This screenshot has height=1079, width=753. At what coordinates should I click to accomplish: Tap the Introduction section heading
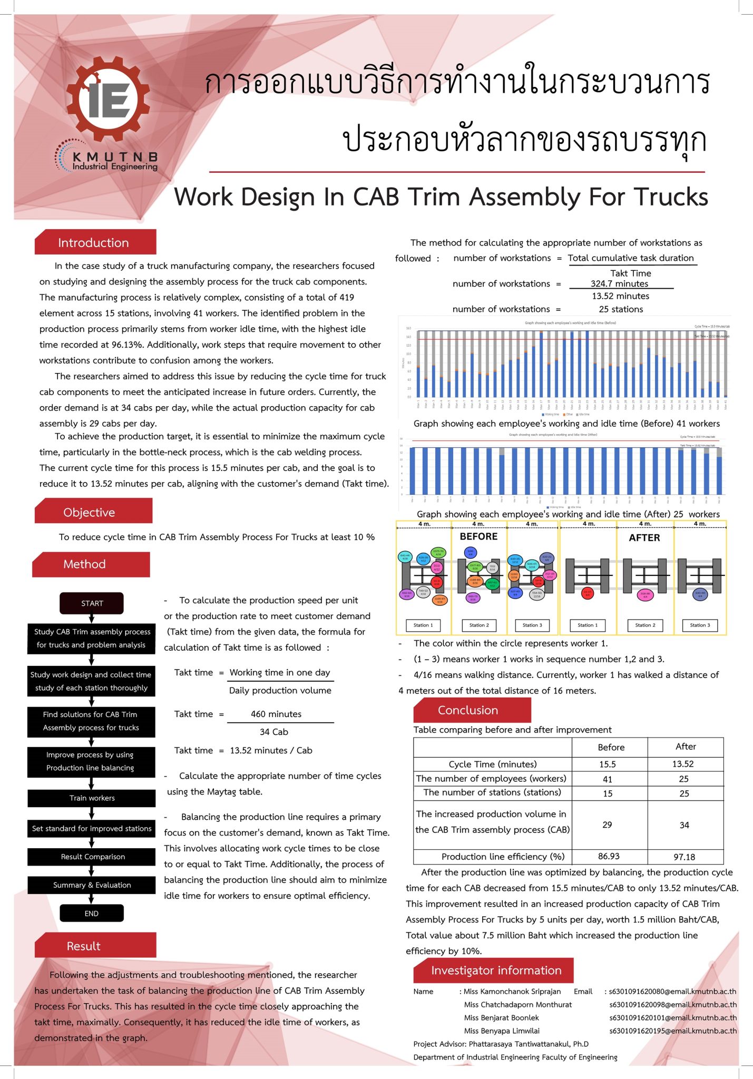(94, 243)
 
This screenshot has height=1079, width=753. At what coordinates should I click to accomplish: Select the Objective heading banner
(90, 513)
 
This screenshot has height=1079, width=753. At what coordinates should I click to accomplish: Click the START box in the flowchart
(92, 603)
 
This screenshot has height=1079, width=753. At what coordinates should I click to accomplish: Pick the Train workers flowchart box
(92, 798)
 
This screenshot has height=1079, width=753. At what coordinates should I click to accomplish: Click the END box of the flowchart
(91, 913)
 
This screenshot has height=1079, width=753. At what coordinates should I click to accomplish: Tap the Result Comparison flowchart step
(92, 857)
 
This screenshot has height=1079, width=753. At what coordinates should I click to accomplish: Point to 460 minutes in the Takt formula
(276, 714)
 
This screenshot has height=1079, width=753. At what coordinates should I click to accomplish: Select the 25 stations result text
(621, 309)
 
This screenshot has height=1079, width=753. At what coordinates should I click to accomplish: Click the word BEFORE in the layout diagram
(478, 536)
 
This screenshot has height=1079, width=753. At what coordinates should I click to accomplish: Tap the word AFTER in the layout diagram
(644, 537)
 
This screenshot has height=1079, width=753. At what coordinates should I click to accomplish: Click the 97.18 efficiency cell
(684, 857)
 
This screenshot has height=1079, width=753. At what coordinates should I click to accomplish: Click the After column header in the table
(685, 747)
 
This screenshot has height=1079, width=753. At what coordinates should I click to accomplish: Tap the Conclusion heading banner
(468, 710)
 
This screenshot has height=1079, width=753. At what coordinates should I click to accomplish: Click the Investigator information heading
(496, 970)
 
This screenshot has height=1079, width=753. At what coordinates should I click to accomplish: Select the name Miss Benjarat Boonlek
(501, 1018)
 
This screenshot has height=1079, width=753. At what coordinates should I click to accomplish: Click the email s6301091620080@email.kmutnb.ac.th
(672, 992)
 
